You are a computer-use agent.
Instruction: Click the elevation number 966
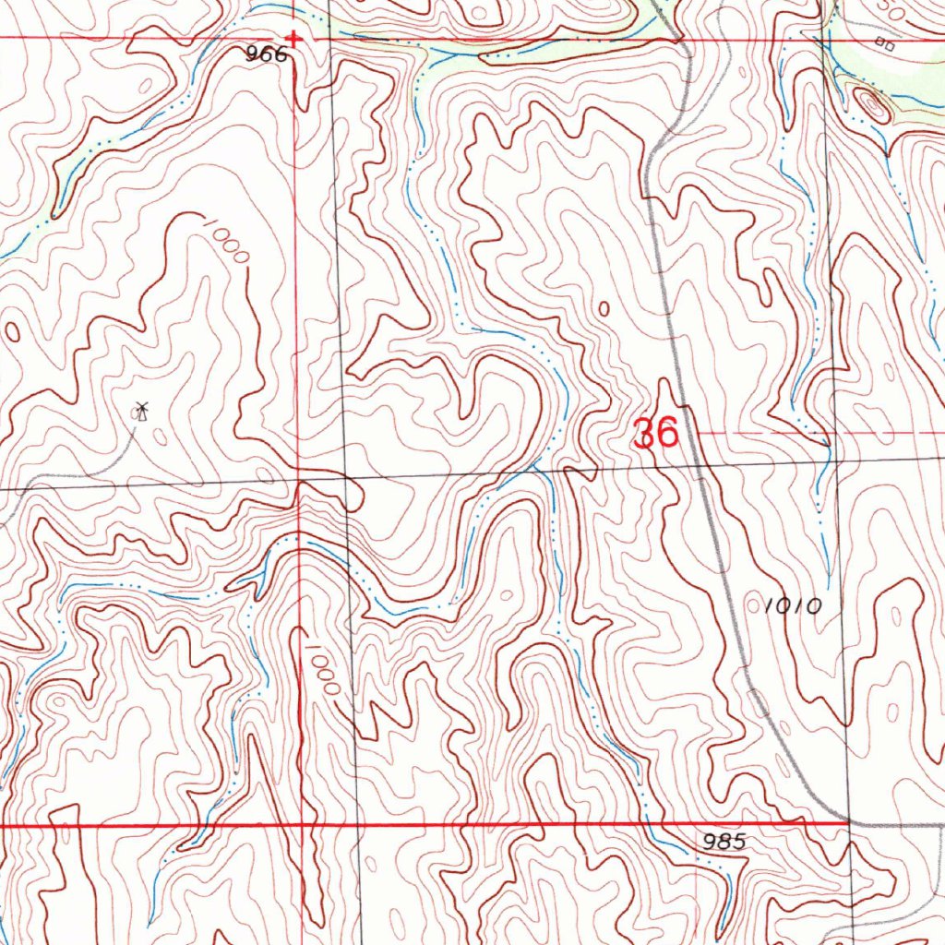pyautogui.click(x=267, y=55)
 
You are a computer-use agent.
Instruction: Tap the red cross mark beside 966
pyautogui.click(x=293, y=39)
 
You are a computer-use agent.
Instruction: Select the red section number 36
pyautogui.click(x=657, y=433)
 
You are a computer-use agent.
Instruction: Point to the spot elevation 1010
pyautogui.click(x=793, y=606)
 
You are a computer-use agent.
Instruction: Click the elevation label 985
pyautogui.click(x=724, y=842)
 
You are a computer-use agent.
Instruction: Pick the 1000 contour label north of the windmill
pyautogui.click(x=226, y=240)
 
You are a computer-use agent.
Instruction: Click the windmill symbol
pyautogui.click(x=140, y=411)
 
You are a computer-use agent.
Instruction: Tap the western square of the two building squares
pyautogui.click(x=879, y=42)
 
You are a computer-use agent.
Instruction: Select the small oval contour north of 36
pyautogui.click(x=604, y=309)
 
